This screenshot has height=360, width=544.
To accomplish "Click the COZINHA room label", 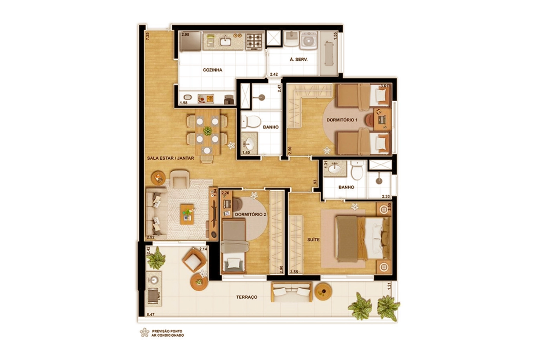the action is tap(213, 70).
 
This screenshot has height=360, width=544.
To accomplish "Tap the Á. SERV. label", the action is tap(298, 59).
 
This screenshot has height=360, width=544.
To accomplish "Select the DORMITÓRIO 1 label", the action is tap(342, 120).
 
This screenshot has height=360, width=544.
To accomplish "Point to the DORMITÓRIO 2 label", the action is tap(250, 215).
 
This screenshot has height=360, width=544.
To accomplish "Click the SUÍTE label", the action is tap(313, 240).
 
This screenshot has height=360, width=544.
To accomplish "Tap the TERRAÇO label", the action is tap(247, 297).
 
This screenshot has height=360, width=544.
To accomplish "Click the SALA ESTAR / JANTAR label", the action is tap(171, 158).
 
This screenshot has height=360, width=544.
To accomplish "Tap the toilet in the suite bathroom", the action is tap(357, 170).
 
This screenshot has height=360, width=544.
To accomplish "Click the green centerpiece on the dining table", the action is tap(207, 131).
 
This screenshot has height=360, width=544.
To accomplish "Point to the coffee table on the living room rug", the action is tap(187, 214).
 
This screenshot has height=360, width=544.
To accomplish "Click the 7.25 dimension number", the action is tap(147, 36).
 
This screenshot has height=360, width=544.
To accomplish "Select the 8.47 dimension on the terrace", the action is tap(151, 315).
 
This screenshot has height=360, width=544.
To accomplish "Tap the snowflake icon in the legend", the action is tap(145, 332).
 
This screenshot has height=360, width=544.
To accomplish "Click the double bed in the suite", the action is tap(363, 239).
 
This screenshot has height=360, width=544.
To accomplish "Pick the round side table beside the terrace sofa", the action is tap(323, 292).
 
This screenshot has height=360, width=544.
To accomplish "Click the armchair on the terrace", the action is tap(194, 260).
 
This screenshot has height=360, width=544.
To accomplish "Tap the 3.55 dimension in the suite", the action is tap(294, 272).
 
